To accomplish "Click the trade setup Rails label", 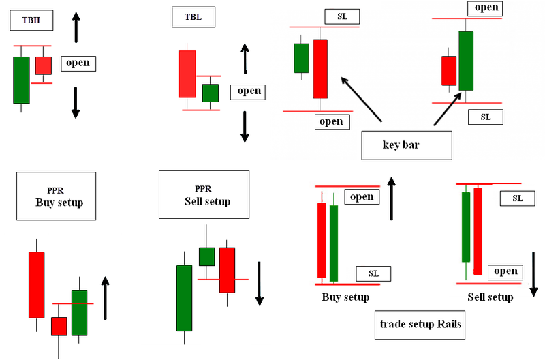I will (420, 325).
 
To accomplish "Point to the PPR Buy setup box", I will (57, 196).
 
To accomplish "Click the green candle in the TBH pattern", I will (21, 80).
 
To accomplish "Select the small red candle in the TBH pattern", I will (44, 65).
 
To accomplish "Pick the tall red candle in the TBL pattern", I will (187, 74).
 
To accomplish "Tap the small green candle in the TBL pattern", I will (211, 93).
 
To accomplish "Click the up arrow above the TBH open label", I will (76, 27).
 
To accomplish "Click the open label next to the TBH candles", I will (78, 63).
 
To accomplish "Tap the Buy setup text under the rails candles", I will (345, 297).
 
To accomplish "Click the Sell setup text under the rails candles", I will (490, 297).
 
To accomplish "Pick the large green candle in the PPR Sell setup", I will (184, 297).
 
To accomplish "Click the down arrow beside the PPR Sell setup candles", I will (260, 283).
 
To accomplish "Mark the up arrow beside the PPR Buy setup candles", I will (105, 298).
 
